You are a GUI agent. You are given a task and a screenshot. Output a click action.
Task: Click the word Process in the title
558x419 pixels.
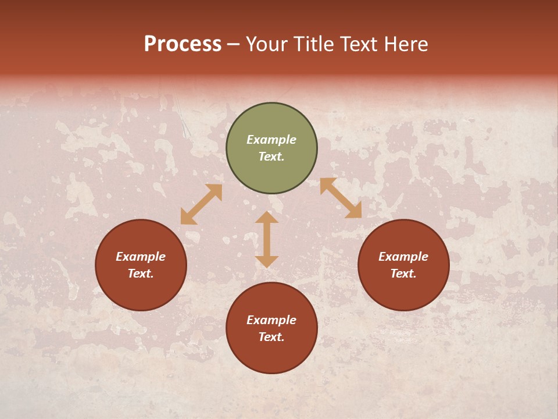[183, 44]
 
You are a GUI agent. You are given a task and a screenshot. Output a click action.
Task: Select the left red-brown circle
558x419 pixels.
[141, 291]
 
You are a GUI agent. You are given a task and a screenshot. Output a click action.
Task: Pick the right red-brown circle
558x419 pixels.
[403, 291]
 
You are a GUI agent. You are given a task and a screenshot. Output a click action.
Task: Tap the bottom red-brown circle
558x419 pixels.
[271, 355]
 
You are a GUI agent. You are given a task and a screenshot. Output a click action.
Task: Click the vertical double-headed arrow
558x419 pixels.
[267, 239]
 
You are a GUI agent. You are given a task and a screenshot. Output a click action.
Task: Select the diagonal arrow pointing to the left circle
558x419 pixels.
[201, 204]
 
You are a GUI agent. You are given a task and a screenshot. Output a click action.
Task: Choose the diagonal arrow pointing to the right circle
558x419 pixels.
[341, 198]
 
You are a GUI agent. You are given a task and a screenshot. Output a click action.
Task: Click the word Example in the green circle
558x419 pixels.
[271, 140]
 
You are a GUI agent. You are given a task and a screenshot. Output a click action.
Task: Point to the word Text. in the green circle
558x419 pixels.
[271, 157]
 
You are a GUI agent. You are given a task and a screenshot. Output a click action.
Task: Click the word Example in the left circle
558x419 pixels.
[141, 257]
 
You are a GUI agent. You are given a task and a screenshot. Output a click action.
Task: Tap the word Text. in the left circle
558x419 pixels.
[141, 274]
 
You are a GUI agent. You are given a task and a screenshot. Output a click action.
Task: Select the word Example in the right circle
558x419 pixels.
[403, 257]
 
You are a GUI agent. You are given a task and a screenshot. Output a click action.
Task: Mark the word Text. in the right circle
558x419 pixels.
[403, 274]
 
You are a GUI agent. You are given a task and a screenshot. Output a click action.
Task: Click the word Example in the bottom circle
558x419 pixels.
[271, 320]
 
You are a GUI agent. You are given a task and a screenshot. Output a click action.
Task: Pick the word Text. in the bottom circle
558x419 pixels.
[271, 337]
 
